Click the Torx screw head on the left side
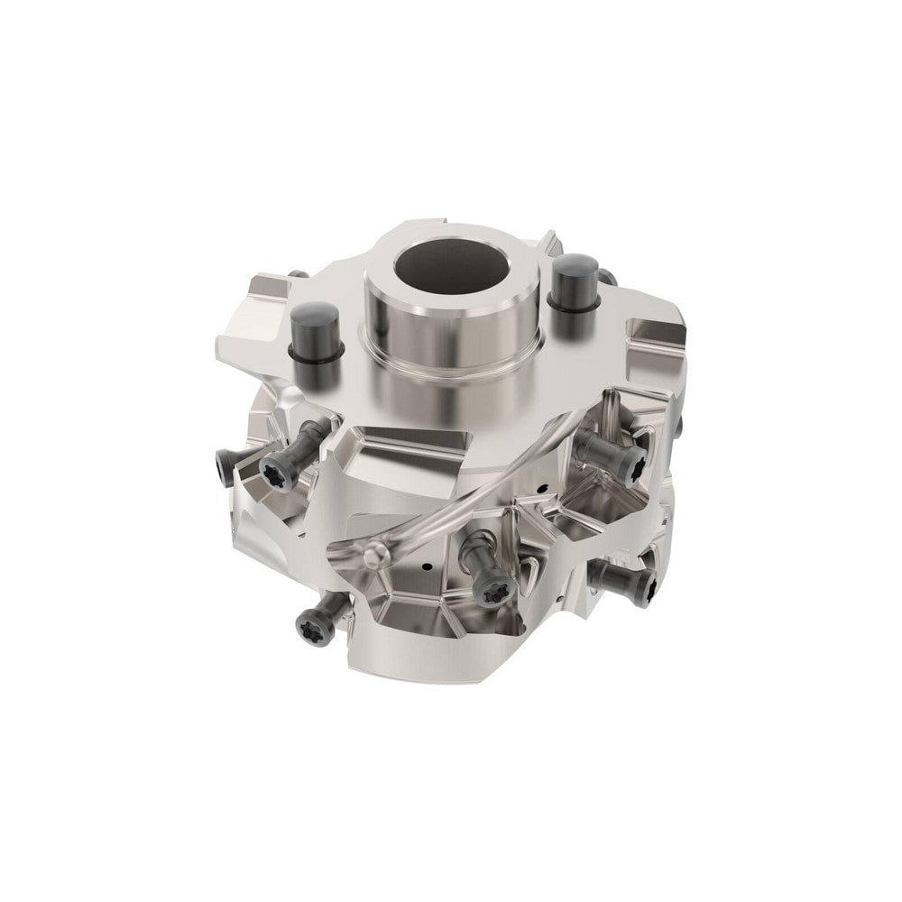273,466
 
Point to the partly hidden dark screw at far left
221,464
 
